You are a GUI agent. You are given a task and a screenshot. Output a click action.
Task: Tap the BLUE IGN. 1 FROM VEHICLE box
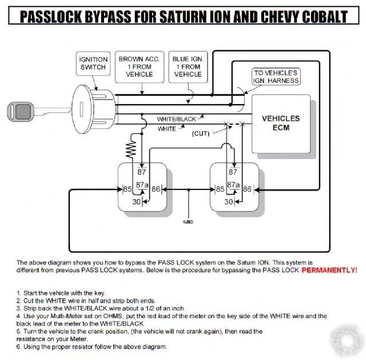(x=188, y=66)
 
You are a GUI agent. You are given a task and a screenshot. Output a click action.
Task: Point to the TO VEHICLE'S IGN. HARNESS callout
(x=277, y=77)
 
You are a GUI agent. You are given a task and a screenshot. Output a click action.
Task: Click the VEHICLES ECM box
(x=280, y=123)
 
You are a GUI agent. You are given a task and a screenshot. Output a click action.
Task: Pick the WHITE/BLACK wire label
(x=176, y=119)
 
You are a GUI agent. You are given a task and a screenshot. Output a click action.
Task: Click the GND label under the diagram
(x=188, y=221)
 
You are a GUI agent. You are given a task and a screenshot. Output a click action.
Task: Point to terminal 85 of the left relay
(x=128, y=188)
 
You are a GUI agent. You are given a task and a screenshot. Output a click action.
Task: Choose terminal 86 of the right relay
(x=247, y=188)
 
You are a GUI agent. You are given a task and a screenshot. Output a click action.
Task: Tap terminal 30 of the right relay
(x=228, y=201)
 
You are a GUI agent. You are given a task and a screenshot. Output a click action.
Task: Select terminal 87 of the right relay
(x=233, y=171)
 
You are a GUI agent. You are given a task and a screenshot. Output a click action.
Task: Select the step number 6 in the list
(x=19, y=347)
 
